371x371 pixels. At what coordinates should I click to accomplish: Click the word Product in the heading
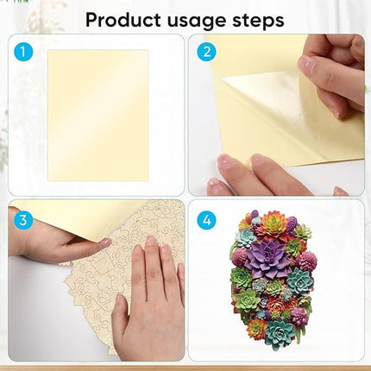[x=123, y=20]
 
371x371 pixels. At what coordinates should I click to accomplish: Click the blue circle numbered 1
[x=23, y=52]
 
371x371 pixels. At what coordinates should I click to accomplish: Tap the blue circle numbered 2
[x=206, y=52]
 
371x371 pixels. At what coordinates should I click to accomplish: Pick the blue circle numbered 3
[x=23, y=220]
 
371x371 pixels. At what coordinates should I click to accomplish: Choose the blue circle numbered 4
[x=206, y=220]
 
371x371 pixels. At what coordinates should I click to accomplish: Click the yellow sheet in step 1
[x=98, y=116]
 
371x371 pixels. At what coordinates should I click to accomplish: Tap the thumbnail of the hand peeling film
[x=276, y=115]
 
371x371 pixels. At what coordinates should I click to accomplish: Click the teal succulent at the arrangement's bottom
[x=280, y=330]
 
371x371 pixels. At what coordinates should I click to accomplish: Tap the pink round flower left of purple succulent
[x=239, y=255]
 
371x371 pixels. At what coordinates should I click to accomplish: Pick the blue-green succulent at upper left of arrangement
[x=247, y=238]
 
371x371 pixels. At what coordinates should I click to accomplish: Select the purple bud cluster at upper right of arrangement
[x=291, y=223]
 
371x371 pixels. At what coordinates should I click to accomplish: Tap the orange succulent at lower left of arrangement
[x=256, y=329]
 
